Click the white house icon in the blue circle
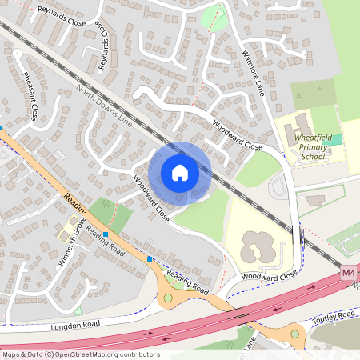coord(180,172)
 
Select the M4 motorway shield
coord(348,273)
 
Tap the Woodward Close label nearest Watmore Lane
coord(237,134)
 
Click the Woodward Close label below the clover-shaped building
coord(269,274)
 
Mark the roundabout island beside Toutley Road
coord(294,333)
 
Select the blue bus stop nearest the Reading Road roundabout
coord(150,258)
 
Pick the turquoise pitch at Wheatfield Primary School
coord(337,139)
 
